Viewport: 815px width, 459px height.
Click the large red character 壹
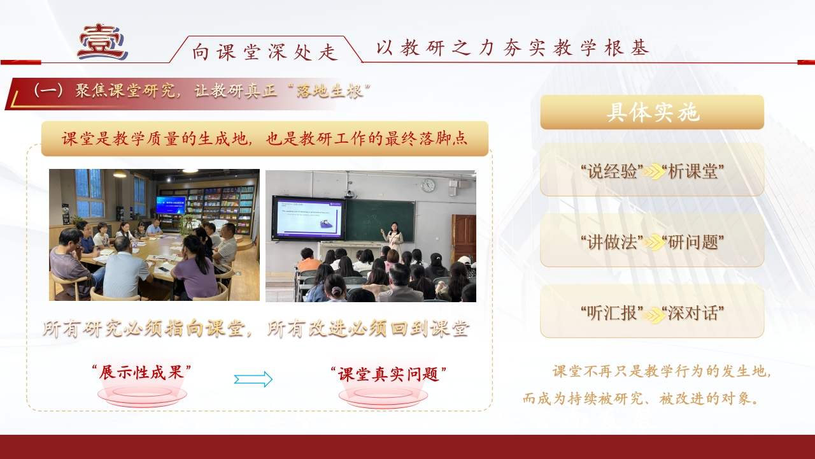pos(103,41)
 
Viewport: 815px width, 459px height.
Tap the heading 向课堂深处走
pos(266,52)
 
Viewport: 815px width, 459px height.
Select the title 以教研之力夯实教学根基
pos(513,48)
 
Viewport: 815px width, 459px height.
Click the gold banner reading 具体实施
pos(652,112)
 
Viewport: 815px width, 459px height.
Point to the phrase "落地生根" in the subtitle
pos(330,91)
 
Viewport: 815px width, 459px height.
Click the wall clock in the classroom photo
pos(428,186)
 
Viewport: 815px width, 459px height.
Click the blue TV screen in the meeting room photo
pos(171,205)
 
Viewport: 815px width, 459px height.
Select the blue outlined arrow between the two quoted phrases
pos(253,379)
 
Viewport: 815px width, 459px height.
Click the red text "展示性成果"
pos(141,372)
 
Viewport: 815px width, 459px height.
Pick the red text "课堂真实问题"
pos(388,374)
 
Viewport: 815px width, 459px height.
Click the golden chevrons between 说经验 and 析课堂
pos(653,171)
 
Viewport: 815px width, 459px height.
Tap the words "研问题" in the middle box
pos(693,242)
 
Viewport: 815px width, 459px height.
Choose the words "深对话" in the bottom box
pos(693,313)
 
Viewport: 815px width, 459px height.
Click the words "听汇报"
pos(613,313)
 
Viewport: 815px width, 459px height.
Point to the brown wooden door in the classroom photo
pos(464,237)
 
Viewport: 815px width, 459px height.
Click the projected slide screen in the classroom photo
pos(309,219)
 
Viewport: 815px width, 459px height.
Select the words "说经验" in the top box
pos(613,171)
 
